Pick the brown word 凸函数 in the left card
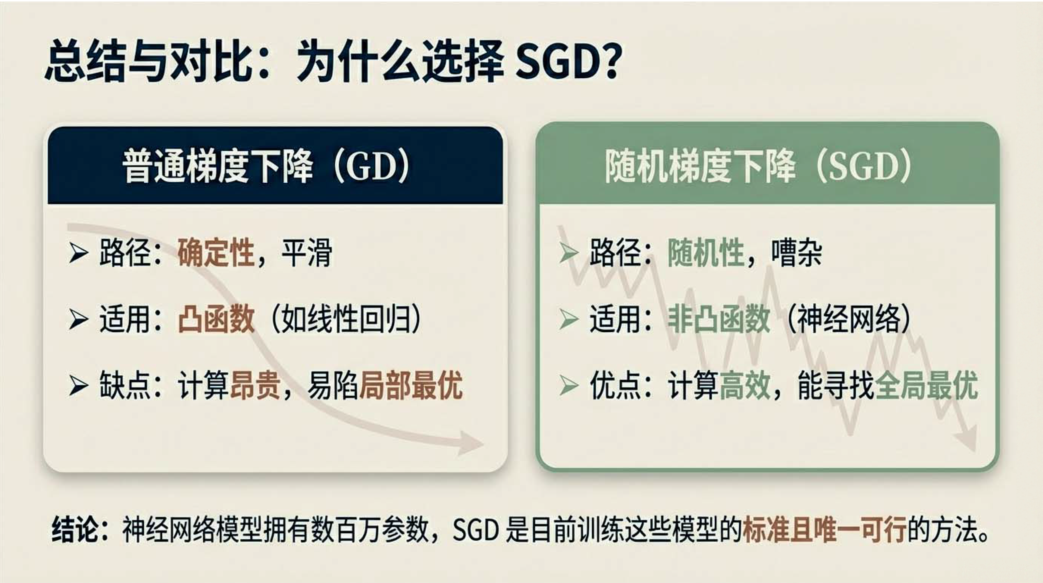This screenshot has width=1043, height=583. pyautogui.click(x=216, y=319)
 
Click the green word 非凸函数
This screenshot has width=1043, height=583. pyautogui.click(x=719, y=319)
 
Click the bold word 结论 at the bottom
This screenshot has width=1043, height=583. pyautogui.click(x=75, y=529)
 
